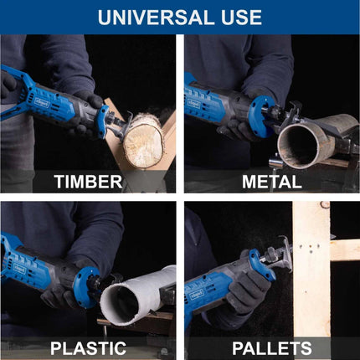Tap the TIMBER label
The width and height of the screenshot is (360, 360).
click(88, 182)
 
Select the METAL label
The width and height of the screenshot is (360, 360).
click(272, 182)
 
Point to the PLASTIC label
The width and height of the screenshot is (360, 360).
click(88, 348)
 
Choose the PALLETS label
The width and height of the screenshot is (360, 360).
click(272, 348)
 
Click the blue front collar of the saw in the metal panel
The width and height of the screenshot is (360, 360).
click(262, 117)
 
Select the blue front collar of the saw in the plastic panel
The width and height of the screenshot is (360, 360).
click(85, 287)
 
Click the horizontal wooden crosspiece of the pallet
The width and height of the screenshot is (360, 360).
click(345, 249)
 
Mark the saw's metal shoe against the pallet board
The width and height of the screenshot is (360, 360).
click(285, 254)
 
